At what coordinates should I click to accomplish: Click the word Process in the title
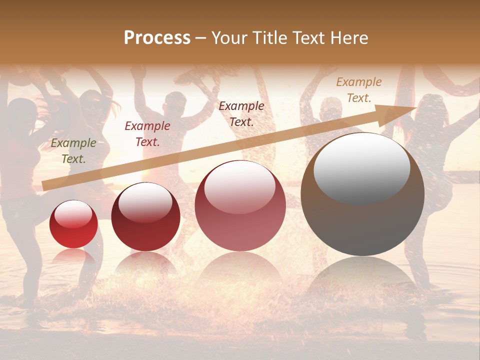157,38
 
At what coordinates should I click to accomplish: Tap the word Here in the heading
349,38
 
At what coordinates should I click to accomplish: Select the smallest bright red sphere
73,224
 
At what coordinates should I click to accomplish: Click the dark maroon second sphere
145,217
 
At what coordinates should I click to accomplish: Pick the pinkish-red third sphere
240,206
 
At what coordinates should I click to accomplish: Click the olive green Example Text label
73,151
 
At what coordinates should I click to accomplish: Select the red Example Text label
147,134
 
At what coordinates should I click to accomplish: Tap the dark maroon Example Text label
241,113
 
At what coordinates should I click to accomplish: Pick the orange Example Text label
359,90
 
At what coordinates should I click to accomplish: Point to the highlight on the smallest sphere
73,214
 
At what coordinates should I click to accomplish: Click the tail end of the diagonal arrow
47,185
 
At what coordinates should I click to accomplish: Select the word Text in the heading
308,38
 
